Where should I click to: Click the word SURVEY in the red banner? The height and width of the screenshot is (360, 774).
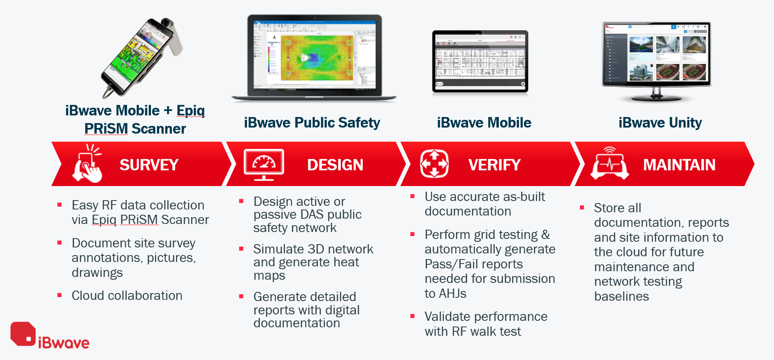click(149, 165)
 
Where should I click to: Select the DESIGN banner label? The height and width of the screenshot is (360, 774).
click(335, 165)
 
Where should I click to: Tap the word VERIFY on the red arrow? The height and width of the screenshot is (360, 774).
click(494, 165)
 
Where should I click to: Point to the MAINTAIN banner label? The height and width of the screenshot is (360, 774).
click(679, 165)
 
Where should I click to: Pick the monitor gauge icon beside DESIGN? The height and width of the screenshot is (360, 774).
click(264, 164)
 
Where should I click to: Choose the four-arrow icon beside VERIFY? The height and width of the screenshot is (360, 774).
click(434, 163)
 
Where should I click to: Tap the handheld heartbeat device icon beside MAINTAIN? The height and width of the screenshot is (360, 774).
click(609, 163)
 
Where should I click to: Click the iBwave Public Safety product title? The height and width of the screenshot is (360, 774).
click(312, 123)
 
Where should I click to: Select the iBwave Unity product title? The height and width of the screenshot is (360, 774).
click(660, 123)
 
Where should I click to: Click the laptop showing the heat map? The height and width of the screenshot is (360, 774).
click(314, 57)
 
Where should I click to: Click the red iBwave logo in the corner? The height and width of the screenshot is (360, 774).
click(49, 336)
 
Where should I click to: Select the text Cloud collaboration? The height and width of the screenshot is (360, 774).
click(127, 295)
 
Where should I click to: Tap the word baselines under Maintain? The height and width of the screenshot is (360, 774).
click(621, 296)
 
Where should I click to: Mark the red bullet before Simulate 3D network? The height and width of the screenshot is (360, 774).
click(241, 249)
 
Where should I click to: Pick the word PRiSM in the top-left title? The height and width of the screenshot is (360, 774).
click(106, 128)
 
